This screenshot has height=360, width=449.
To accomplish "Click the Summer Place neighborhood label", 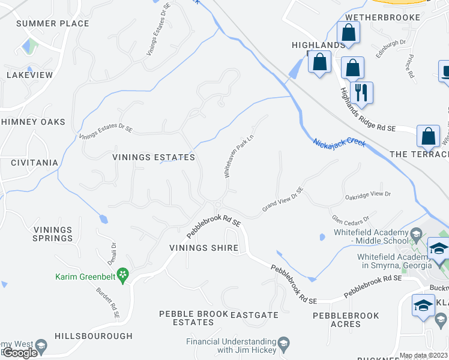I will pyautogui.click(x=53, y=23).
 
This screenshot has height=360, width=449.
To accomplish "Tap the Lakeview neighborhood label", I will pyautogui.click(x=29, y=75).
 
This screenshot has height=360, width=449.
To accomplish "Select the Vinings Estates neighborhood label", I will pyautogui.click(x=154, y=157).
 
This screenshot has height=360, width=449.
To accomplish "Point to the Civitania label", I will pyautogui.click(x=29, y=163).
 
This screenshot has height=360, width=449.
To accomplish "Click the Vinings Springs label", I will pyautogui.click(x=53, y=234).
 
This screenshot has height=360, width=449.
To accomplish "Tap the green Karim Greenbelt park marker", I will pyautogui.click(x=123, y=275).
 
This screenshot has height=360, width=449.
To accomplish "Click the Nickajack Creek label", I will pyautogui.click(x=339, y=150).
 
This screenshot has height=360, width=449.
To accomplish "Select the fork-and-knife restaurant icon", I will pyautogui.click(x=361, y=92).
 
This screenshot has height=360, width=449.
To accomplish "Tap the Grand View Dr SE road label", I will pyautogui.click(x=283, y=199).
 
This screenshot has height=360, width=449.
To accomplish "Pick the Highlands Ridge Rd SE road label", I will pyautogui.click(x=367, y=111).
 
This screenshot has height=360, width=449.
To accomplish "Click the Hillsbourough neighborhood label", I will pyautogui.click(x=93, y=336).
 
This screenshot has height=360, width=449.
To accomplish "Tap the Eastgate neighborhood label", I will pyautogui.click(x=254, y=314).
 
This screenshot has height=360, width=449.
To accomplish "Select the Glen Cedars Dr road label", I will pyautogui.click(x=350, y=218).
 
